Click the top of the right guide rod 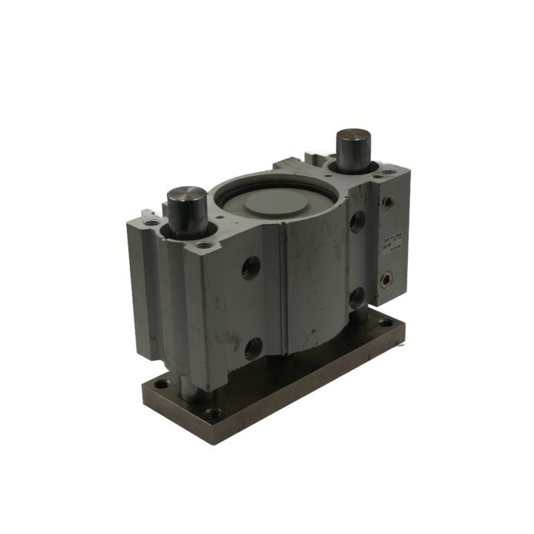tap(354, 139)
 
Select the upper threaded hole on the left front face tap(251, 267)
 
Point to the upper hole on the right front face tap(358, 221)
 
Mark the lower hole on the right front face tap(357, 297)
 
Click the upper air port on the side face tap(386, 200)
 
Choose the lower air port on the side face tap(386, 280)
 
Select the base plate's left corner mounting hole tap(161, 384)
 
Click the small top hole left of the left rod tap(152, 222)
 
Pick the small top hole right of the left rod tap(205, 245)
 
